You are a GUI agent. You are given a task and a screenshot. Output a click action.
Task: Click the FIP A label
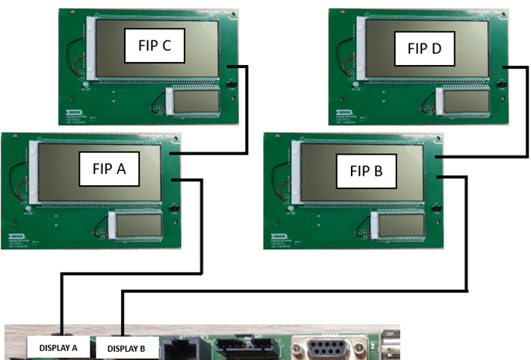pos(109,169)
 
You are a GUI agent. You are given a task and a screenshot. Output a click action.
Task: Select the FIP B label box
pos(367,170)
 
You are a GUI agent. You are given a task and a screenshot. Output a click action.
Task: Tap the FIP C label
pos(155,47)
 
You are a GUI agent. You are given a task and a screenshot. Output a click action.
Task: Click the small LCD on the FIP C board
pos(196,101)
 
